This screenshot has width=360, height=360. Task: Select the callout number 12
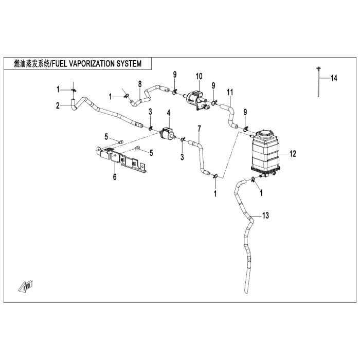pyautogui.click(x=293, y=153)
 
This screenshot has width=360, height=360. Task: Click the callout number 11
pyautogui.click(x=230, y=92)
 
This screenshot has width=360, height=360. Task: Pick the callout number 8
pyautogui.click(x=139, y=84)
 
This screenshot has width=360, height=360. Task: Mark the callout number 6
pyautogui.click(x=115, y=176)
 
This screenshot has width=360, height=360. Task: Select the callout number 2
pyautogui.click(x=58, y=106)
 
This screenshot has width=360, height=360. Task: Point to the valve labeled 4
pyautogui.click(x=167, y=133)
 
